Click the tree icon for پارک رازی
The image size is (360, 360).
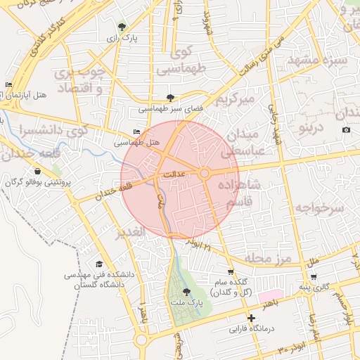point(124,26)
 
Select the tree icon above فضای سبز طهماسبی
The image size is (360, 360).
point(170,98)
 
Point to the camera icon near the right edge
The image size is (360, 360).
point(346,130)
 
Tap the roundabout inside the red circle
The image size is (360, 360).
point(205,173)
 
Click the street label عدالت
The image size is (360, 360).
point(173,172)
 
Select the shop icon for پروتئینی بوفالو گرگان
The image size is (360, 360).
point(37,171)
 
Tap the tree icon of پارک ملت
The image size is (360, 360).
point(186,291)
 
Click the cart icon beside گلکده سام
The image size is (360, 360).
point(230,271)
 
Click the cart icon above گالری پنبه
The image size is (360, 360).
point(313,276)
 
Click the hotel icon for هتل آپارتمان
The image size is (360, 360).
point(8,85)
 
